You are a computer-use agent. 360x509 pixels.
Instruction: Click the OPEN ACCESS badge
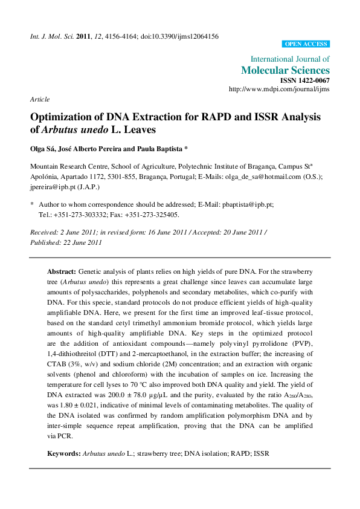coord(306,44)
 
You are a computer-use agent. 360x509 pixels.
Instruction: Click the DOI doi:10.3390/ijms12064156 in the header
coord(180,36)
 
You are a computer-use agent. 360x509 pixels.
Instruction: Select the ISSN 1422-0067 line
coord(304,80)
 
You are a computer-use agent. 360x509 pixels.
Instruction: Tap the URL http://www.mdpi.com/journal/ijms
coord(279,89)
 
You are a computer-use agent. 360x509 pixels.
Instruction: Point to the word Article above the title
coord(40,99)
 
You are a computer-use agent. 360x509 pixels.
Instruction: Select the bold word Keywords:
coord(63,453)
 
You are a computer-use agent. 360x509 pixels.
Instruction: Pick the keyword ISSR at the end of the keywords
coord(261,453)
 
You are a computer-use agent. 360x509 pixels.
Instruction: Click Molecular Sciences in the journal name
coord(285,70)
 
